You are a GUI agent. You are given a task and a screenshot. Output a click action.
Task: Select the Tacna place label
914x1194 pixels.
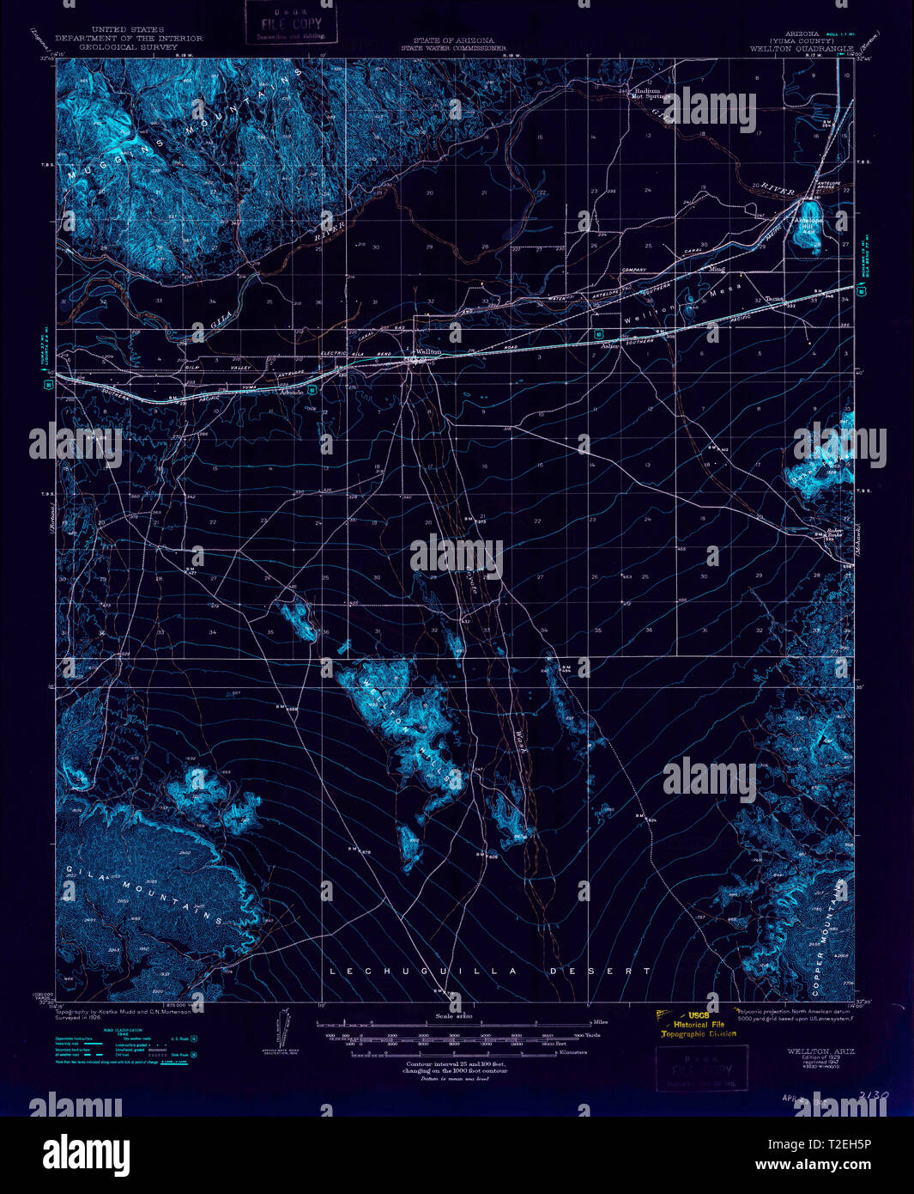pyautogui.click(x=774, y=299)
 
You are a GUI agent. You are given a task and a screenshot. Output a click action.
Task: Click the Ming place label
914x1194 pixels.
pyautogui.click(x=717, y=269)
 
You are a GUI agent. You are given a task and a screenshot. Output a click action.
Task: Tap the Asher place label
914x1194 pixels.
pyautogui.click(x=610, y=346)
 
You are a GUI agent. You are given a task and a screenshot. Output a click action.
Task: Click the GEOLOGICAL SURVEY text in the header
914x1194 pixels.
pyautogui.click(x=128, y=48)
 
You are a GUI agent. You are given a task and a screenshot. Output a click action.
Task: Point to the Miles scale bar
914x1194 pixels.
pyautogui.click(x=455, y=1023)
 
